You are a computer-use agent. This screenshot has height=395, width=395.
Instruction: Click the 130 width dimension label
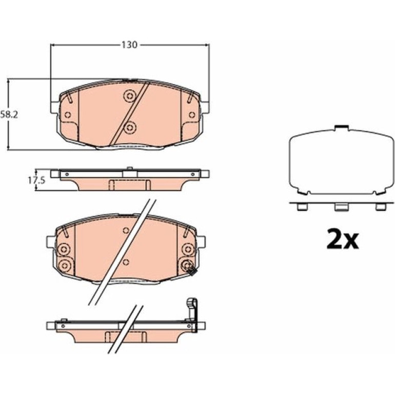(x=130, y=45)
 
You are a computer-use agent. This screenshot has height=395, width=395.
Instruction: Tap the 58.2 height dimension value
(x=9, y=114)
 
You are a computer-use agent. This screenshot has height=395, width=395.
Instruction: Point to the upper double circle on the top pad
(x=130, y=96)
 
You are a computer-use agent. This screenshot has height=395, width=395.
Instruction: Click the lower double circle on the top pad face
(x=130, y=128)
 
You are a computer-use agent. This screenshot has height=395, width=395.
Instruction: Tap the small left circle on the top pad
(x=68, y=115)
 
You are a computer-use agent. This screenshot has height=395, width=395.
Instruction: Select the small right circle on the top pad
(x=192, y=115)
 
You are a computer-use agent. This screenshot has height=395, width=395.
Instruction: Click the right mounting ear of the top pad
(x=205, y=107)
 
